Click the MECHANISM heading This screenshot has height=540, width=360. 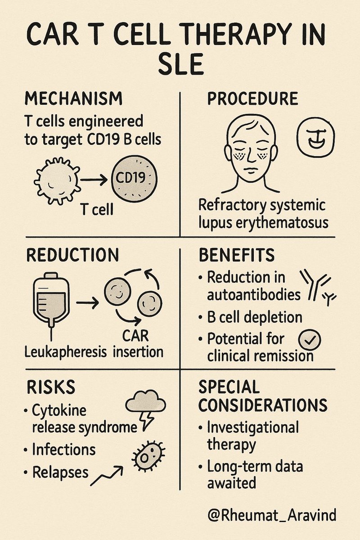click(74, 98)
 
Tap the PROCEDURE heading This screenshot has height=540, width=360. click(252, 99)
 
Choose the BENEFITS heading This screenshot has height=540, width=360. click(236, 255)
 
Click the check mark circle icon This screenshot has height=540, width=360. click(310, 341)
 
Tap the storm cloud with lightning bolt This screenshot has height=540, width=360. click(145, 406)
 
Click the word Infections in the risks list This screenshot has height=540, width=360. click(63, 449)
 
